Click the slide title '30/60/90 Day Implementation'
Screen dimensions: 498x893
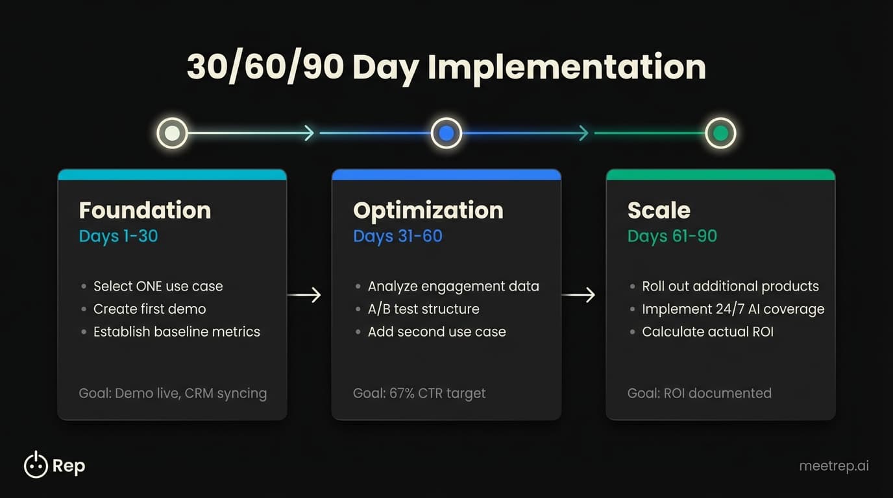446,67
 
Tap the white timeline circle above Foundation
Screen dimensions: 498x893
172,134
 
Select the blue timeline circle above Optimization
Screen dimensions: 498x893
446,134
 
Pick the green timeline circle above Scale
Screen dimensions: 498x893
720,134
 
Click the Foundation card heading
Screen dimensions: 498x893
145,210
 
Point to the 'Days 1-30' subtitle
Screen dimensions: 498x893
118,236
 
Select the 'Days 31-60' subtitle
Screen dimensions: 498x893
397,236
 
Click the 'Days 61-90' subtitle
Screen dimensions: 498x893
672,236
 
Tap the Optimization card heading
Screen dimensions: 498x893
428,210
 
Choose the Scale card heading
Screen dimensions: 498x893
659,210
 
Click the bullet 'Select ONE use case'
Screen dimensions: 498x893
158,286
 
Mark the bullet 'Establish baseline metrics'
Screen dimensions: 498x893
177,331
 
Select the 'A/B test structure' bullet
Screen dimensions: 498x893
423,309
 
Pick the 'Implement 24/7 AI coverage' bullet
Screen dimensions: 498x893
733,309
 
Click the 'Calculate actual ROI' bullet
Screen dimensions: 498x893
707,331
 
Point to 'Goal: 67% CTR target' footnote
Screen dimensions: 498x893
419,393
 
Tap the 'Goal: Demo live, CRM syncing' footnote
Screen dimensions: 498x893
173,393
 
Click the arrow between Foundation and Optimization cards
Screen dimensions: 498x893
304,295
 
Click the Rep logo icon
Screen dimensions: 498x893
36,465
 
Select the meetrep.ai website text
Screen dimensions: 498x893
833,466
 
